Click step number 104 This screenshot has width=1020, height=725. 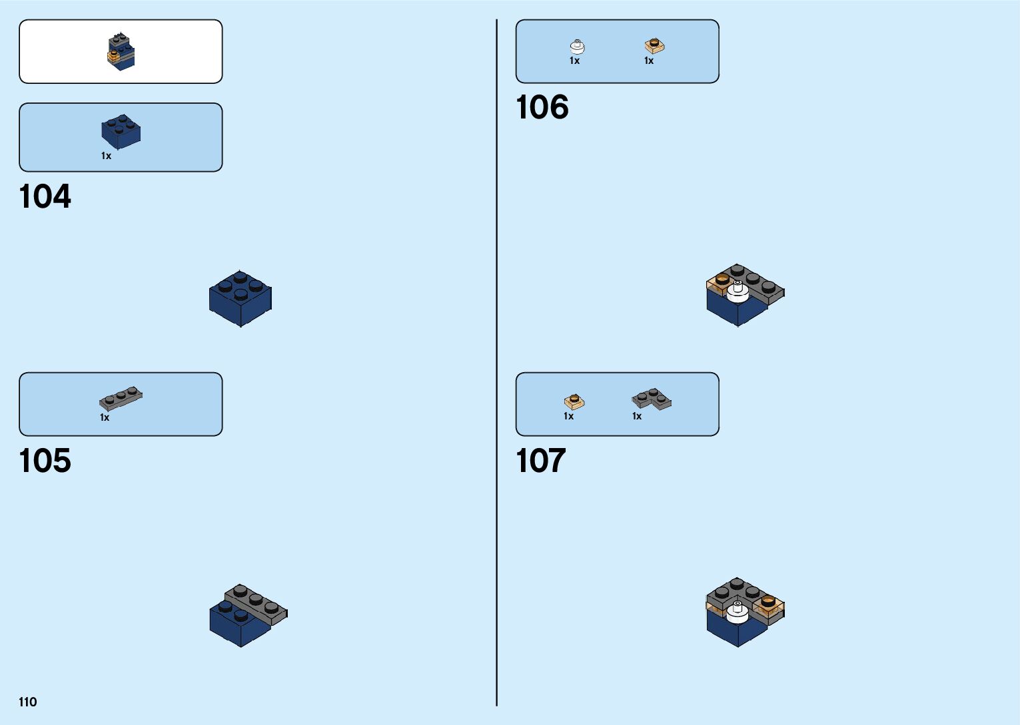[45, 197]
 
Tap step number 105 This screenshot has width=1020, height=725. [45, 461]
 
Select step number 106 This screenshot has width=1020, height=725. [542, 108]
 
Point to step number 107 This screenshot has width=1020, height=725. [541, 461]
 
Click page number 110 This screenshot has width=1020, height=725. [28, 702]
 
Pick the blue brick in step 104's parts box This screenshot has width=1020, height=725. [121, 131]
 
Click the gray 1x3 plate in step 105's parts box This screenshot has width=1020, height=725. [121, 397]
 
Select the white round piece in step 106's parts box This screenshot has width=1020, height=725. [577, 46]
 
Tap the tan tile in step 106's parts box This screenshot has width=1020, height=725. [654, 46]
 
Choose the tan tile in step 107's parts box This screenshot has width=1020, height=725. [574, 401]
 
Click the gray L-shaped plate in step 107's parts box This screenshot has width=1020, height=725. [651, 398]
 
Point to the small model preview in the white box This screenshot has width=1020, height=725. [121, 51]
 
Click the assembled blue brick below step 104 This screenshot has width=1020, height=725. [240, 299]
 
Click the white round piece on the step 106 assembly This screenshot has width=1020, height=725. [738, 292]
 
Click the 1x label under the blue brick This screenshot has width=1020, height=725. [106, 156]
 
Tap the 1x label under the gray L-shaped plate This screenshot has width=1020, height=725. [637, 416]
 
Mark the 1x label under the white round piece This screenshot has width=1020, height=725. [574, 61]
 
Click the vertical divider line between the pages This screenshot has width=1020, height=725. [496, 362]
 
